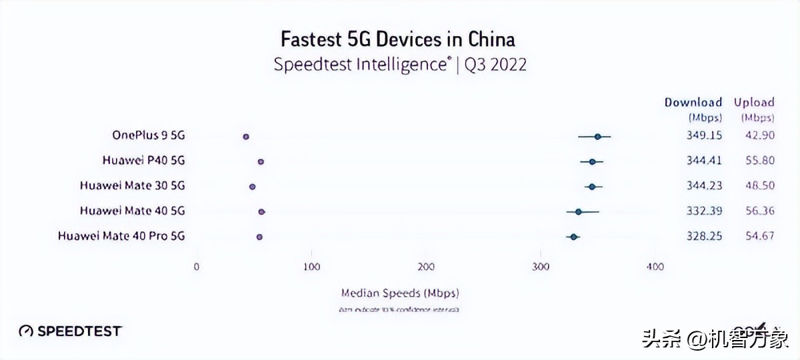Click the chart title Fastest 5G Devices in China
(397, 39)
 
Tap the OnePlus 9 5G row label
(149, 135)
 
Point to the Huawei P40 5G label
(143, 160)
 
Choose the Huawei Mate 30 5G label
(132, 185)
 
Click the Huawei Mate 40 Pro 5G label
(121, 236)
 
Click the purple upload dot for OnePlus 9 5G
(246, 136)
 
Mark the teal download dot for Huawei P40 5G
(592, 161)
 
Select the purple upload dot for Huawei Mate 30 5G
(252, 187)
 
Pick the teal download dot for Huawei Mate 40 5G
(578, 211)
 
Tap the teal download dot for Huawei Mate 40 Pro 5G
(573, 237)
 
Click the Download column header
(693, 103)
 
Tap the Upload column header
(754, 103)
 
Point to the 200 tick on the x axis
(426, 267)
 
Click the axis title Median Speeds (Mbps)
(400, 293)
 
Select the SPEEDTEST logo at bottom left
(70, 331)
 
